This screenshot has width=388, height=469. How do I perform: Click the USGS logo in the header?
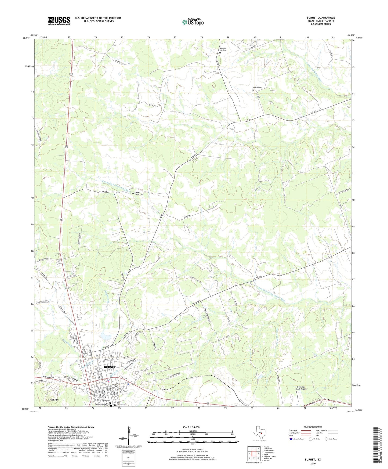tap(59, 20)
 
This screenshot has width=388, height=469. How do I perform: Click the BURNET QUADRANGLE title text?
tap(321, 18)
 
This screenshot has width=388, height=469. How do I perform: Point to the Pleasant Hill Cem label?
tap(223, 49)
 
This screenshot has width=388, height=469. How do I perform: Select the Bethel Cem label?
tap(257, 88)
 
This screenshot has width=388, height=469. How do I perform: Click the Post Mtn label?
tap(54, 400)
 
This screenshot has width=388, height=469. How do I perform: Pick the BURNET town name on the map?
tap(110, 367)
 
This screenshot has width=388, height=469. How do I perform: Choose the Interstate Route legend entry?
tap(297, 439)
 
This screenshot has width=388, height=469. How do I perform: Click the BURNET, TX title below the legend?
tap(313, 460)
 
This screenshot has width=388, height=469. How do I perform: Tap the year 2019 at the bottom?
tap(313, 463)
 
